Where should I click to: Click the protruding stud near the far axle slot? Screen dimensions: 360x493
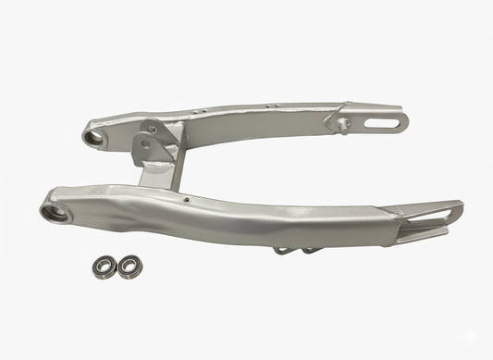pos(342,123)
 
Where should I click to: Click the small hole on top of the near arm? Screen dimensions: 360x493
pos(188,196)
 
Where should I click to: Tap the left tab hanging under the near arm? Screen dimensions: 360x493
pos(282,248)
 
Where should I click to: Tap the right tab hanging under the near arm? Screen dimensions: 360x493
pos(308,248)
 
